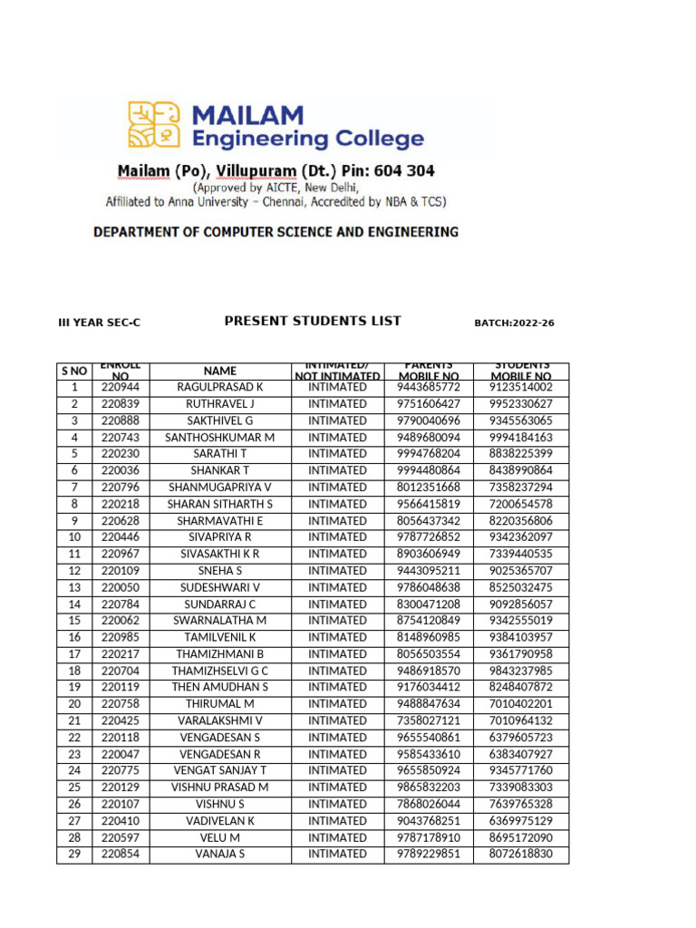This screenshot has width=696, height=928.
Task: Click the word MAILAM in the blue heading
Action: [x=246, y=115]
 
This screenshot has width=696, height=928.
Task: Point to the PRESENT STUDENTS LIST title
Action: [x=312, y=321]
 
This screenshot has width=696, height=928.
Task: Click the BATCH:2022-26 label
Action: [x=514, y=323]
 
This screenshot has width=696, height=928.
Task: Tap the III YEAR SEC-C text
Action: [x=100, y=323]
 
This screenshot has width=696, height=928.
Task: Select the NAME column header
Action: [x=219, y=371]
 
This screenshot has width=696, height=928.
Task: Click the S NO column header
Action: [x=74, y=371]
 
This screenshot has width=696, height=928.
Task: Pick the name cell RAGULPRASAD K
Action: [x=219, y=387]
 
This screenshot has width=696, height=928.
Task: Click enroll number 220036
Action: [x=121, y=470]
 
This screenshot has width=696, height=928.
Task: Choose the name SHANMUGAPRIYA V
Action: [x=219, y=488]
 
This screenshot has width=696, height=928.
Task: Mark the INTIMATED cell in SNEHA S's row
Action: [x=337, y=571]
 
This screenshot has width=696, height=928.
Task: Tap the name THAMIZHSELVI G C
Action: [x=219, y=671]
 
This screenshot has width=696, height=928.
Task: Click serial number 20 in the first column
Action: [x=74, y=704]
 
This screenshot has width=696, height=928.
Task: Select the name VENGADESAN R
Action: [x=219, y=754]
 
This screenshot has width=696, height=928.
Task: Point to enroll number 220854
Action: [x=121, y=854]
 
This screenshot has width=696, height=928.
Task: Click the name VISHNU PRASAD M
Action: [x=219, y=788]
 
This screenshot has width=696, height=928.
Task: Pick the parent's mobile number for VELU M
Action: [x=429, y=837]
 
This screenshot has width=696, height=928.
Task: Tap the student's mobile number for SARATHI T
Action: [x=520, y=454]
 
